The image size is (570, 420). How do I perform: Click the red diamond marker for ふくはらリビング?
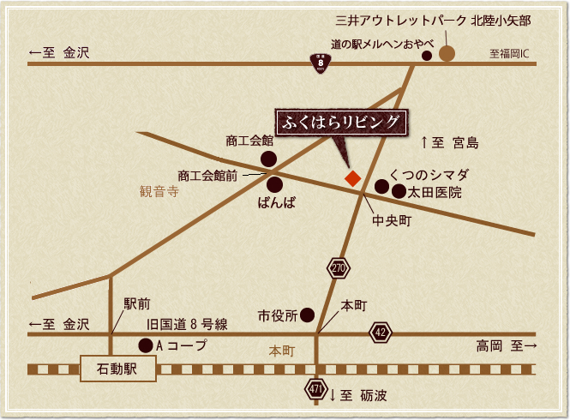pyautogui.click(x=351, y=178)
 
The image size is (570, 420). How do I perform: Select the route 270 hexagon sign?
pyautogui.click(x=338, y=268)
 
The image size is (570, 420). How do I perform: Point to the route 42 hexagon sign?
pyautogui.click(x=381, y=333)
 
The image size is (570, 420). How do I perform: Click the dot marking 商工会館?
pyautogui.click(x=268, y=159)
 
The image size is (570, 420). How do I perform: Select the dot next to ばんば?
pyautogui.click(x=274, y=183)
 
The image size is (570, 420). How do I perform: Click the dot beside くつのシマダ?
pyautogui.click(x=381, y=184)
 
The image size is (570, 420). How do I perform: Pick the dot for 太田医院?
pyautogui.click(x=399, y=192)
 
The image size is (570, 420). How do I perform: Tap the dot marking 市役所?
pyautogui.click(x=307, y=315)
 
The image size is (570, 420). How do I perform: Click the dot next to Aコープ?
pyautogui.click(x=145, y=345)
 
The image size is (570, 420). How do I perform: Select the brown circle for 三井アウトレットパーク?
pyautogui.click(x=447, y=55)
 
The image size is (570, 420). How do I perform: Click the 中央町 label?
pyautogui.click(x=392, y=221)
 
